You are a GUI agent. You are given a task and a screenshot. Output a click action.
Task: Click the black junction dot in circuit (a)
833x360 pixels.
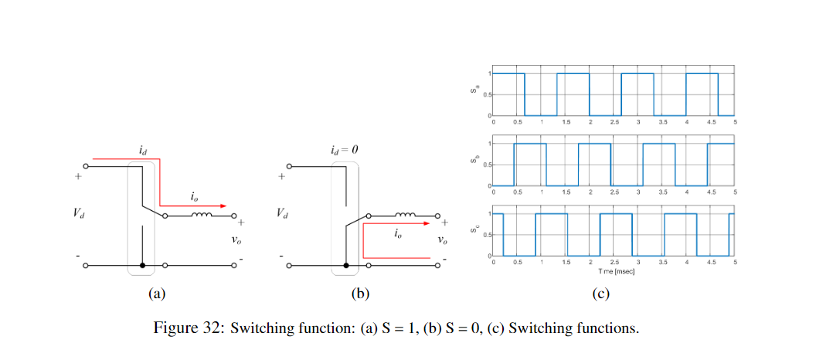(142, 265)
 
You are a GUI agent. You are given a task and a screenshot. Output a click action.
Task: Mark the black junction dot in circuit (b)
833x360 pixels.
(346, 265)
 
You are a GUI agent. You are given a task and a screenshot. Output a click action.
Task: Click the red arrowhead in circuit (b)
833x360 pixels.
(426, 222)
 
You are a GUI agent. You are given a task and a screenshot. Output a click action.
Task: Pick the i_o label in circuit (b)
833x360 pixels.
(397, 234)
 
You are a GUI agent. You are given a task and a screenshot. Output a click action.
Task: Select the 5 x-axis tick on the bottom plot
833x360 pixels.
(735, 263)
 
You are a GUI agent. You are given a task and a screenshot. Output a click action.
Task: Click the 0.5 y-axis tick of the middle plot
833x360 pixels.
(485, 165)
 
